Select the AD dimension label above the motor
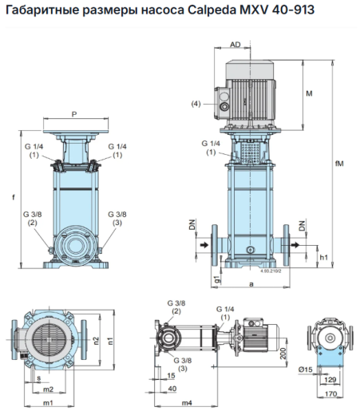(235, 45)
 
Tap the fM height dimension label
(339, 164)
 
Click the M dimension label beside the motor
(309, 93)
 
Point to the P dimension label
(74, 114)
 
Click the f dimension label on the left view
(14, 197)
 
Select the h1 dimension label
(324, 257)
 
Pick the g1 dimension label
(217, 279)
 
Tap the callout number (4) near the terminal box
(196, 104)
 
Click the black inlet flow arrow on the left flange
(204, 245)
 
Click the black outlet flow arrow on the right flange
(295, 245)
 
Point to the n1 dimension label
(111, 341)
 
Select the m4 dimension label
(187, 403)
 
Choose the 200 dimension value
(283, 354)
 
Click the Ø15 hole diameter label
(305, 370)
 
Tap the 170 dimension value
(330, 393)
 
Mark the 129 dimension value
(330, 380)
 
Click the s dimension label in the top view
(39, 377)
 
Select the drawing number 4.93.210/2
(271, 271)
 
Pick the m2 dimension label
(48, 389)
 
